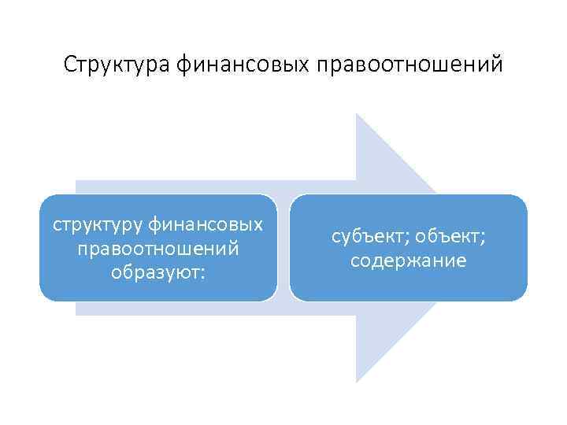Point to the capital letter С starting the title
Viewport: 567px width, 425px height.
point(70,64)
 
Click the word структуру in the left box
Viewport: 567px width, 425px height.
point(94,226)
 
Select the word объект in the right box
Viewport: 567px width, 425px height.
point(446,237)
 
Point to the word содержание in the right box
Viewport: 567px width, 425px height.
point(408,260)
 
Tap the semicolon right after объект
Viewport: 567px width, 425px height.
point(482,238)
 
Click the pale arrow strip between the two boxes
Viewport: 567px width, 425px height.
point(283,248)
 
